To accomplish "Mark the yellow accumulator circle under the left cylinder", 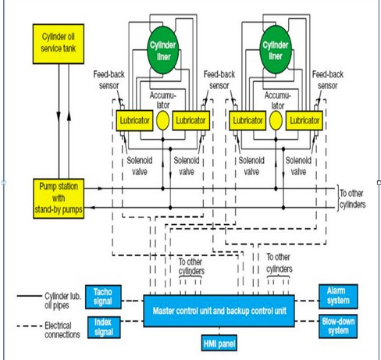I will (x=162, y=120).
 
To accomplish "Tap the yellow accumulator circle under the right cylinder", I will (x=276, y=120).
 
